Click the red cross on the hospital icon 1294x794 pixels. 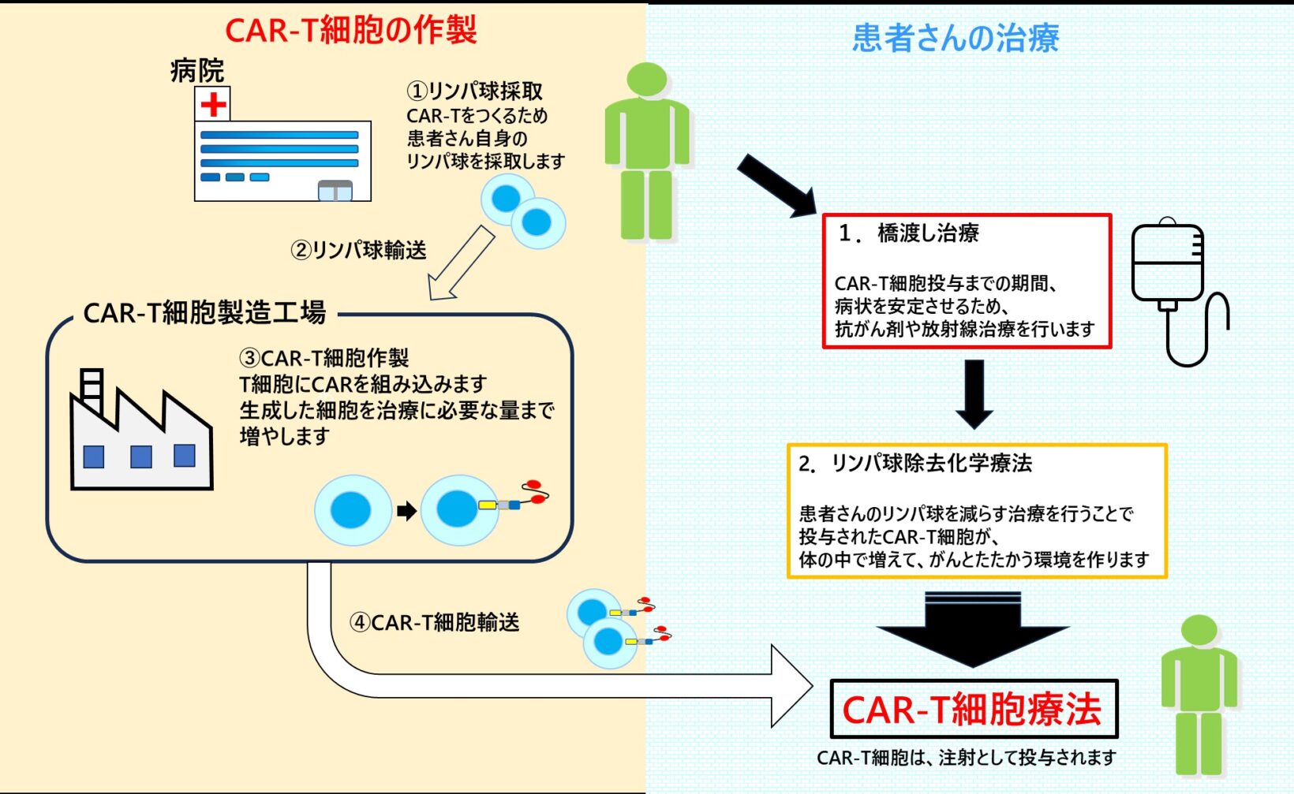pos(213,104)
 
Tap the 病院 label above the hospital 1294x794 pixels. pos(197,70)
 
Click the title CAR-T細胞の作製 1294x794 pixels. pos(351,30)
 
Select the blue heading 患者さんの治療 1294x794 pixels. pos(955,38)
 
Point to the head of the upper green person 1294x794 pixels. pos(647,80)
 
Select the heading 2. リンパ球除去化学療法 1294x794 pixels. pos(915,463)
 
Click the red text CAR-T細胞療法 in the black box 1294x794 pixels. pos(971,709)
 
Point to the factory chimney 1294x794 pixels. pos(92,390)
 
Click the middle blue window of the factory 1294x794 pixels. pos(141,457)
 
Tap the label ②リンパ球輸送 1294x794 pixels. pos(358,250)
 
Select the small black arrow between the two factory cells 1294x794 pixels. pos(406,511)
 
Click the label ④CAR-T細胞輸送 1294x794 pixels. pos(434,622)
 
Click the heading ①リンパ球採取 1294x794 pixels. pos(474,91)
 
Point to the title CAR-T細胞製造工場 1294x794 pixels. pos(204,312)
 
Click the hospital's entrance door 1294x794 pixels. pos(335,191)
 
